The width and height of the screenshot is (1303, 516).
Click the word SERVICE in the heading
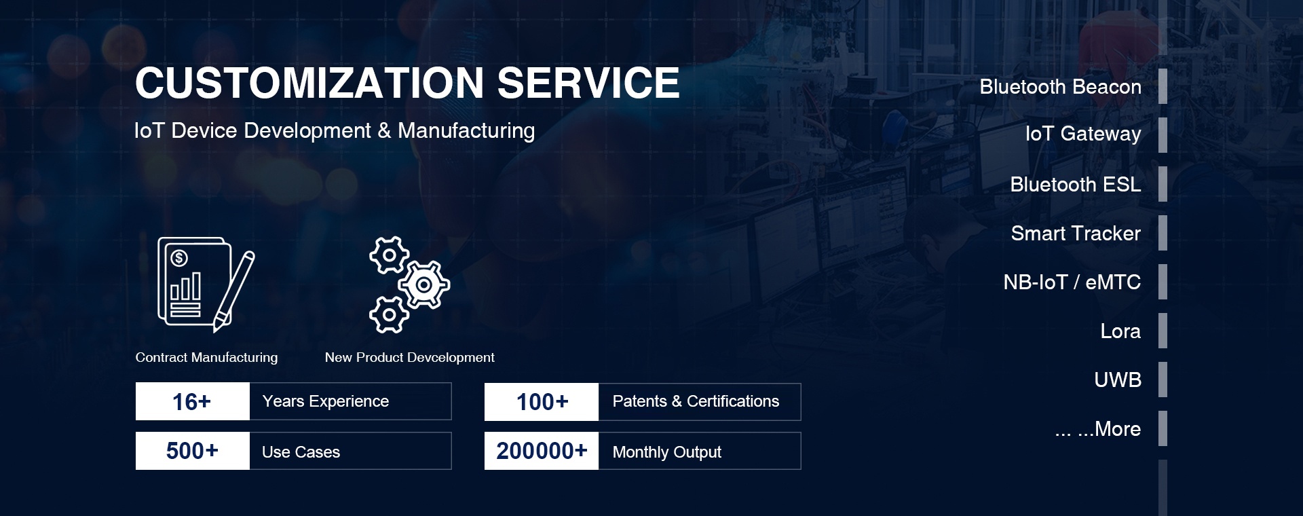coord(588,83)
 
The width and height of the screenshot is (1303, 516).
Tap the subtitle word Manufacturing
coord(466,131)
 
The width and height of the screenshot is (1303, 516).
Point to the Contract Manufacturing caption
coord(206,357)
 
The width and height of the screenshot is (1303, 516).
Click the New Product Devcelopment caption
coord(409,357)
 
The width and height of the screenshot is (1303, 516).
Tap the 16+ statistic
coord(192,402)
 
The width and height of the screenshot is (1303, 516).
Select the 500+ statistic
coord(192,451)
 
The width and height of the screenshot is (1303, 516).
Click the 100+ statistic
coord(542,402)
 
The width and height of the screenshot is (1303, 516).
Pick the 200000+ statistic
coord(542,451)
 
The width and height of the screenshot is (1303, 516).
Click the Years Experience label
coord(326,401)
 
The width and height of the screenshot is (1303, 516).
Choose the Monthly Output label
coord(666,452)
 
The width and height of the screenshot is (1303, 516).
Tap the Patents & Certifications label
coord(696,401)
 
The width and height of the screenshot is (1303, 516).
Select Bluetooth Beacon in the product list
coord(1060,87)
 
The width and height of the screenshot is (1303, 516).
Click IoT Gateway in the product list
coord(1083,134)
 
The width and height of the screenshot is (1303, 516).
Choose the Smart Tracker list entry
coord(1076,234)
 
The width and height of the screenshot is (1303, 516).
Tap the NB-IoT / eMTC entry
coord(1072,282)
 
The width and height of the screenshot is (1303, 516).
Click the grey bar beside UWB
coord(1163,380)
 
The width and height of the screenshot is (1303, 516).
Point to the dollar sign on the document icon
coord(179,258)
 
